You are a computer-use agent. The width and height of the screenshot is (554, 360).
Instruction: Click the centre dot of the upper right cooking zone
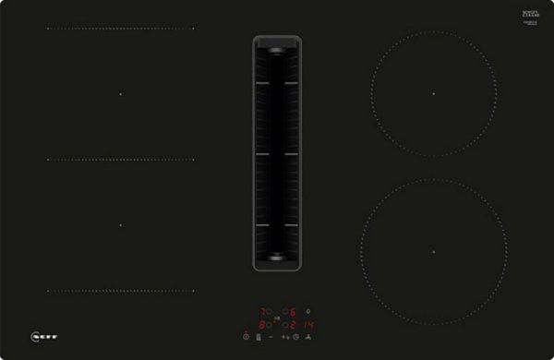tap(432, 94)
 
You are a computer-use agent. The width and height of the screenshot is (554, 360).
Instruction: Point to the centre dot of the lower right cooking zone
tap(432, 251)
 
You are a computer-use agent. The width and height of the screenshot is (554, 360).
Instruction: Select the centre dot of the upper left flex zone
tap(119, 93)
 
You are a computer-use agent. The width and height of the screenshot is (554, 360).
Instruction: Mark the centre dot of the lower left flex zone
tap(119, 224)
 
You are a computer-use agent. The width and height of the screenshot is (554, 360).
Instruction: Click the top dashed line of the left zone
tap(119, 28)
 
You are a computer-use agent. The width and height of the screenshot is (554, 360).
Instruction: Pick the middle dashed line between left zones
tap(119, 159)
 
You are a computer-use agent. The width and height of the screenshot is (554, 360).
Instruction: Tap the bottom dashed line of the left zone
tap(119, 291)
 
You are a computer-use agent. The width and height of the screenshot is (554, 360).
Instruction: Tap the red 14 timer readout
tap(309, 325)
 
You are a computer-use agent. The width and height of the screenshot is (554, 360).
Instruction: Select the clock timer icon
tap(296, 338)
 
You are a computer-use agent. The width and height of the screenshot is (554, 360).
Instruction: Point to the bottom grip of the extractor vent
tap(277, 259)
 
